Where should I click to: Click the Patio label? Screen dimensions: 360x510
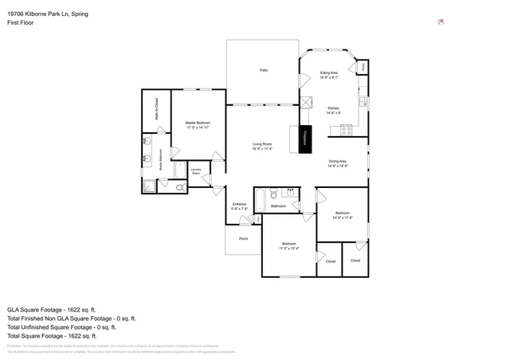pos(263,71)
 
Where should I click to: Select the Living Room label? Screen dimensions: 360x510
pos(262,146)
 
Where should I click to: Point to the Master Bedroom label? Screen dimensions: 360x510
pos(198,124)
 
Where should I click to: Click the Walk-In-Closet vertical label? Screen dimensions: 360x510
pos(156,109)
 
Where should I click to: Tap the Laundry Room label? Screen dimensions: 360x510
pos(196,170)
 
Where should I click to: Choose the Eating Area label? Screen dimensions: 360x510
pos(330,75)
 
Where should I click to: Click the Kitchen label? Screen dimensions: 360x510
pos(333,110)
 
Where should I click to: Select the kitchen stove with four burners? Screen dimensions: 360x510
pos(347,130)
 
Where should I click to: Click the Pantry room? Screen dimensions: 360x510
pos(363,68)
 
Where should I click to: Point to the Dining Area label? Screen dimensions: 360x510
pos(337,163)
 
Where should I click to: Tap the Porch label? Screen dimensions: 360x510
pos(244,238)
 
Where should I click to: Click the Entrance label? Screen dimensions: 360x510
pos(239,206)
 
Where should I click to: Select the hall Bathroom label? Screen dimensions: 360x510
pos(278,206)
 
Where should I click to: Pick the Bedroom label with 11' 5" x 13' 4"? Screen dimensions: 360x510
pos(288,245)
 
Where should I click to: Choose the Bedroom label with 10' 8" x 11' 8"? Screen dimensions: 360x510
pos(342,215)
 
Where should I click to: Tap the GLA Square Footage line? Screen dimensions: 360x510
pos(51,309)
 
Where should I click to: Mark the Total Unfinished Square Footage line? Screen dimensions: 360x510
pos(61,327)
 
